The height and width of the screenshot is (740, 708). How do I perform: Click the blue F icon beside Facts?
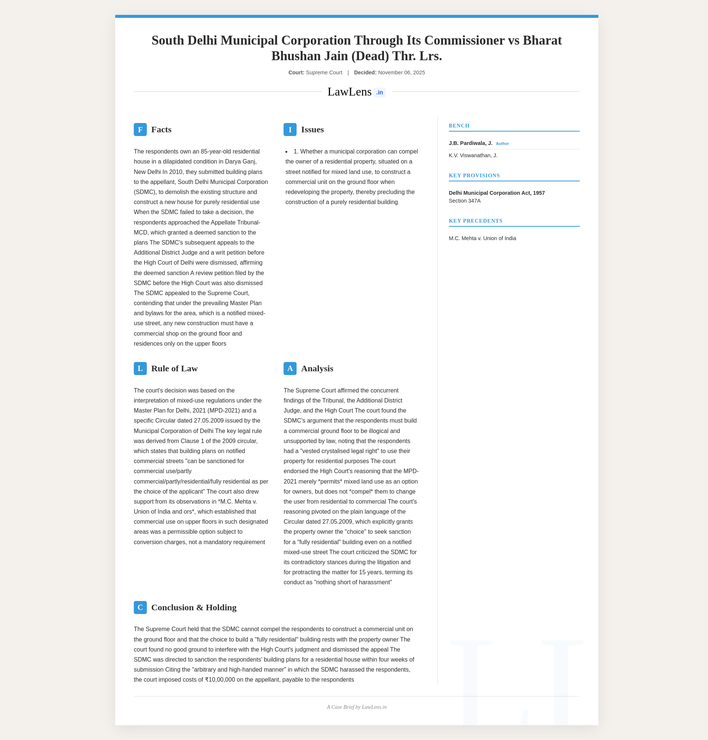coord(140,129)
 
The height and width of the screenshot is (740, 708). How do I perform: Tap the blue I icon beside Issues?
coord(290,129)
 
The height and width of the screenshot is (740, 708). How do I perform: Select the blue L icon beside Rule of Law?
coord(140,368)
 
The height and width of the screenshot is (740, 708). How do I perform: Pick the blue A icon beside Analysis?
coord(290,368)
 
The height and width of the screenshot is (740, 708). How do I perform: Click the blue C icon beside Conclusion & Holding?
coord(140,607)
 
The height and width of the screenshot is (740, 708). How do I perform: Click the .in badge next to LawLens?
coord(379,93)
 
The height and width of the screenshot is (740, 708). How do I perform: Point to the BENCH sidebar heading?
coord(459,126)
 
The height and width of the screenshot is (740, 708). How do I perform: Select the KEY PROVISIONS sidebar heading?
coord(474,175)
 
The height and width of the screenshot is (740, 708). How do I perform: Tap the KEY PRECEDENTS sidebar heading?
coord(475,221)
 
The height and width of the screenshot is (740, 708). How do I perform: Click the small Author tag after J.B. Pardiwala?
coord(502,144)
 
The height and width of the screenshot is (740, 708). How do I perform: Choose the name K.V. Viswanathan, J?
coord(473,155)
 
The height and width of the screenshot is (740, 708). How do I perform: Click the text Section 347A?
coord(465,201)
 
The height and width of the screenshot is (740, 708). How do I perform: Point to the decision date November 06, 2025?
coord(401,72)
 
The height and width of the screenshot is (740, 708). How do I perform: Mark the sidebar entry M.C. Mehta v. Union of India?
coord(482,238)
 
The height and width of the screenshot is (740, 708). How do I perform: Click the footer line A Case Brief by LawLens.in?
coord(356,707)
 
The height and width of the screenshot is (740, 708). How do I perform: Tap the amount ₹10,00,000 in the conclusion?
coord(220,680)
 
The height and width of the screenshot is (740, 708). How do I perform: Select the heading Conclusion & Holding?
coord(194,607)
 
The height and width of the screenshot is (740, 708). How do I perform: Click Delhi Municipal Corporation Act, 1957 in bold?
coord(497,193)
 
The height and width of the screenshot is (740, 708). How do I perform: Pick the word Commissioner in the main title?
coord(464,41)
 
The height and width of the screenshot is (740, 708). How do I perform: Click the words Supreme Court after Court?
coord(324,72)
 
